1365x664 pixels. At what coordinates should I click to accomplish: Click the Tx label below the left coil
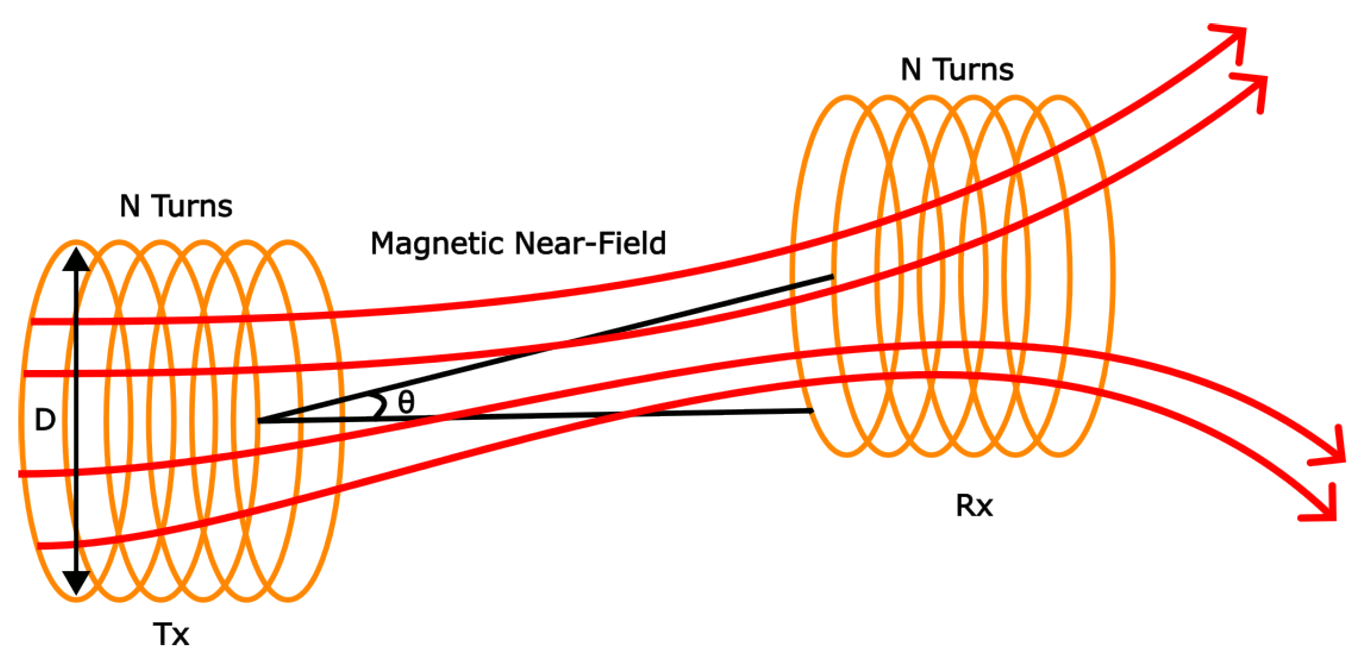pyautogui.click(x=171, y=635)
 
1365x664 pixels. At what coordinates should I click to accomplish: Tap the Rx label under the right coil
pyautogui.click(x=974, y=506)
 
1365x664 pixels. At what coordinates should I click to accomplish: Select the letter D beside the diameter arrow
pyautogui.click(x=45, y=420)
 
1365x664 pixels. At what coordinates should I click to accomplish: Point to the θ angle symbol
pyautogui.click(x=406, y=402)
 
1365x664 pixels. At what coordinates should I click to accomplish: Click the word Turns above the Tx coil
pyautogui.click(x=193, y=206)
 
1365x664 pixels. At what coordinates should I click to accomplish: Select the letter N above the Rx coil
pyautogui.click(x=911, y=70)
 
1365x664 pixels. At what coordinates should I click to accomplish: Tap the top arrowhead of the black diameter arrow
pyautogui.click(x=76, y=260)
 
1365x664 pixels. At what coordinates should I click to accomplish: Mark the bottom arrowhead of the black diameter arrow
pyautogui.click(x=76, y=582)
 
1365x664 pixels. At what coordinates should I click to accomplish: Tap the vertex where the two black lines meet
pyautogui.click(x=260, y=421)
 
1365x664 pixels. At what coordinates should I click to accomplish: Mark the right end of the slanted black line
pyautogui.click(x=832, y=276)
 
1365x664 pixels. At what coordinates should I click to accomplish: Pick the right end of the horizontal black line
pyautogui.click(x=812, y=411)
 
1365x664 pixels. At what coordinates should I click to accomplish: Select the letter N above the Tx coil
pyautogui.click(x=129, y=206)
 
